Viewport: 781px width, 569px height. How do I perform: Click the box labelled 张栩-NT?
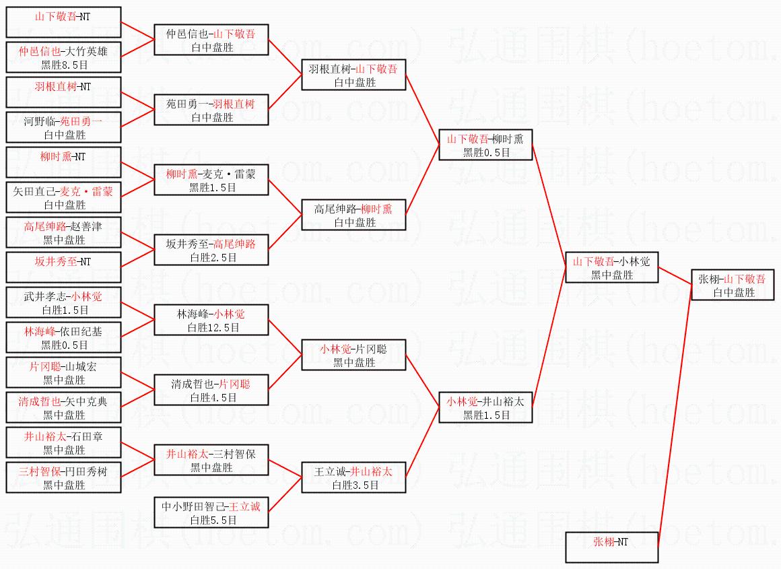[x=611, y=547]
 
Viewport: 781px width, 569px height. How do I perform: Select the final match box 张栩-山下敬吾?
[x=733, y=286]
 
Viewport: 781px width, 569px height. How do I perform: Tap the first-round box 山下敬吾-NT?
[x=63, y=22]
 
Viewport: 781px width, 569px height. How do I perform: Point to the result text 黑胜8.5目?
[x=64, y=65]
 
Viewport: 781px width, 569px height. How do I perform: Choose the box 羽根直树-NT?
[x=63, y=92]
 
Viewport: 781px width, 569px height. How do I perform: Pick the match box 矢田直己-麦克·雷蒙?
[x=63, y=198]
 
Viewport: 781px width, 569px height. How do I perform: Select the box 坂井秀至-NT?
[x=63, y=267]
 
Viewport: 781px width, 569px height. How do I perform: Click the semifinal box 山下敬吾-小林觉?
[x=612, y=267]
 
